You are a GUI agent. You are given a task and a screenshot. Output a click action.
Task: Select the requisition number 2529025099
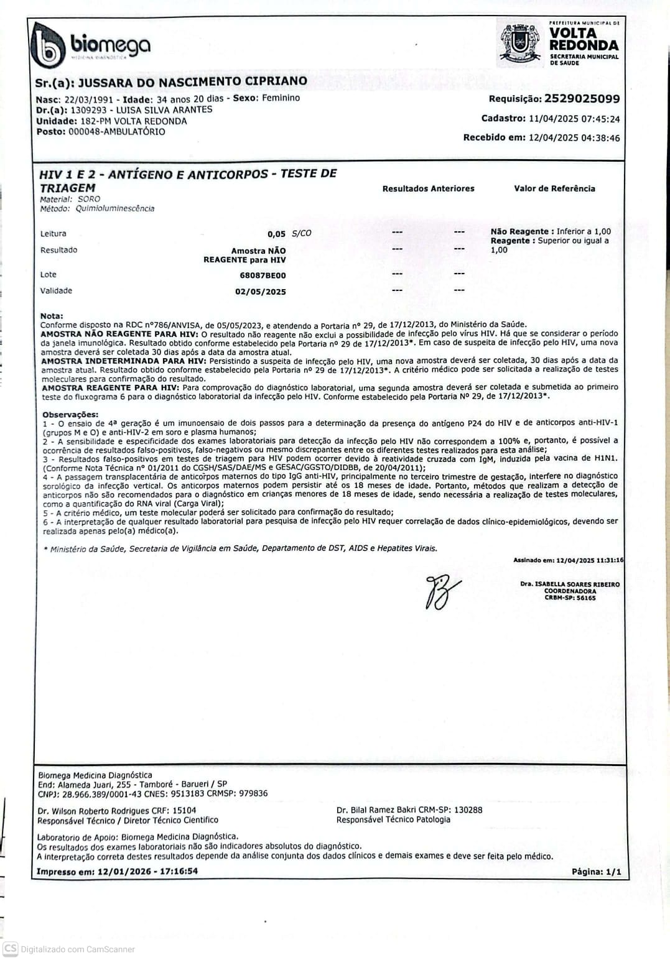(x=582, y=99)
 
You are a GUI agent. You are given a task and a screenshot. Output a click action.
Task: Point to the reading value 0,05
(x=276, y=234)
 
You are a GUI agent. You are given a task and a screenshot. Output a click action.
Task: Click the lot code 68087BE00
(x=263, y=275)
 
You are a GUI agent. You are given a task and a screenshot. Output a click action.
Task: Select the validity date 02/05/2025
(x=260, y=292)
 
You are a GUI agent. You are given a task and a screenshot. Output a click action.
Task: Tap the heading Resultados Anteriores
(x=428, y=188)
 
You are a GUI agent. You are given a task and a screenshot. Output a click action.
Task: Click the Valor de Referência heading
(x=554, y=188)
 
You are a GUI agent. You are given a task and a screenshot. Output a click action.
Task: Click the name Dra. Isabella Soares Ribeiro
(x=570, y=584)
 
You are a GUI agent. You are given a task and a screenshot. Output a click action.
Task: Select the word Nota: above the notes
(x=52, y=316)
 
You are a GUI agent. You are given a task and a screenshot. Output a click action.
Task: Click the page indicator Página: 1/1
(x=596, y=872)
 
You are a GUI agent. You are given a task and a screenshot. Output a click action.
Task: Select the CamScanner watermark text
(x=78, y=949)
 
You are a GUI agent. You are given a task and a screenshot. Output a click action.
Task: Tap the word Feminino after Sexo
(x=281, y=98)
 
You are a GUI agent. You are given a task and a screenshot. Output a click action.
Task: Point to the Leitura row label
(x=54, y=234)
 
